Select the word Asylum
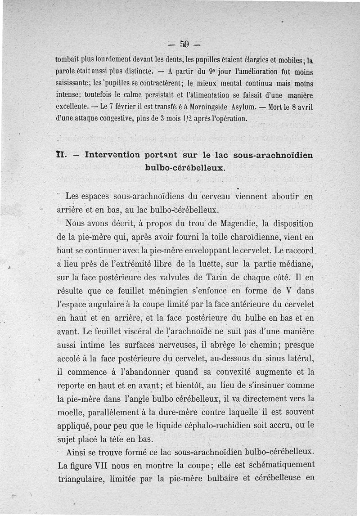(x=245, y=108)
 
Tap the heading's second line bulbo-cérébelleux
(x=184, y=167)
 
